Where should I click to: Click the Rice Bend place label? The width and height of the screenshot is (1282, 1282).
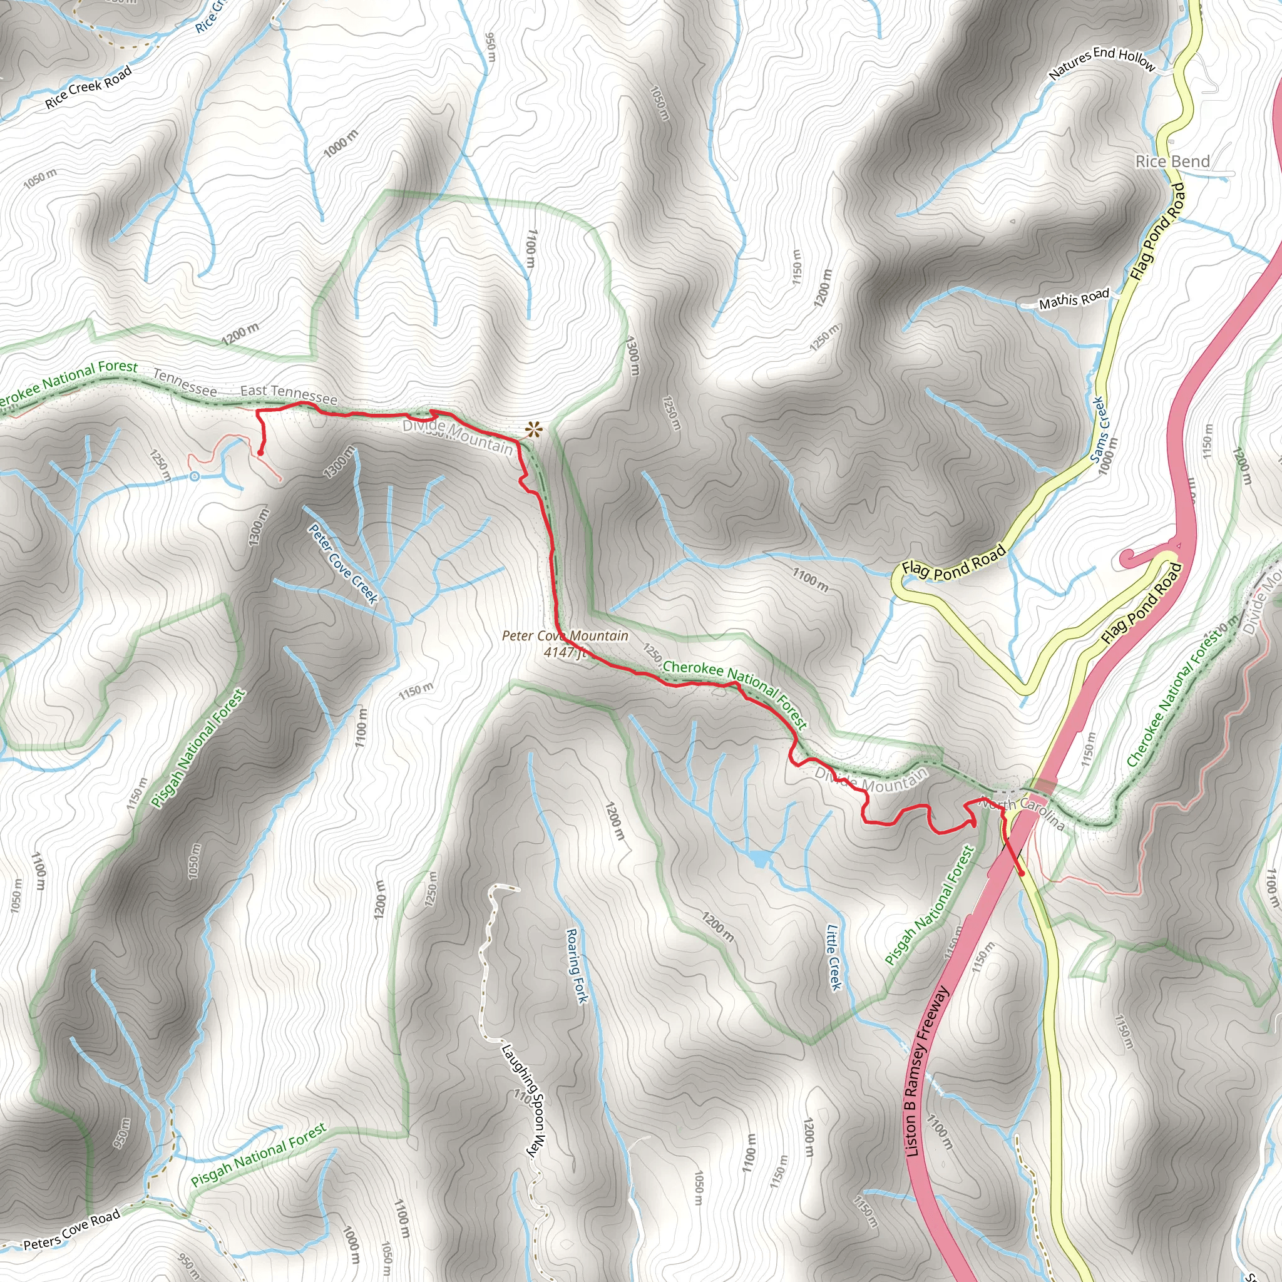1172,162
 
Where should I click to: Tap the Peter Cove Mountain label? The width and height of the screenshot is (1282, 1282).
565,636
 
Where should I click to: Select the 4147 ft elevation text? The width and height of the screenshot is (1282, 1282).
565,652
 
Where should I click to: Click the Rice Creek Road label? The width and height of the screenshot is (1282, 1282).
88,87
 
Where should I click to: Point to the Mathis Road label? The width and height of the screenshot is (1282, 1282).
1074,300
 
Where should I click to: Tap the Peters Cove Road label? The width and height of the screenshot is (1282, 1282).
71,1229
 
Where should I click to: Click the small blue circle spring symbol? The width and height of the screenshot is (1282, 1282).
195,476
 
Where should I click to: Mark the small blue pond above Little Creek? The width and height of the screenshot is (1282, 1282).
760,858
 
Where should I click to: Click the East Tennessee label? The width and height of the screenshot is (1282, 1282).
289,394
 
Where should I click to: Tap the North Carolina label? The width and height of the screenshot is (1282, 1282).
1023,814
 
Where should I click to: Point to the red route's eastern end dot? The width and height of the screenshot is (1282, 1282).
1022,874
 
